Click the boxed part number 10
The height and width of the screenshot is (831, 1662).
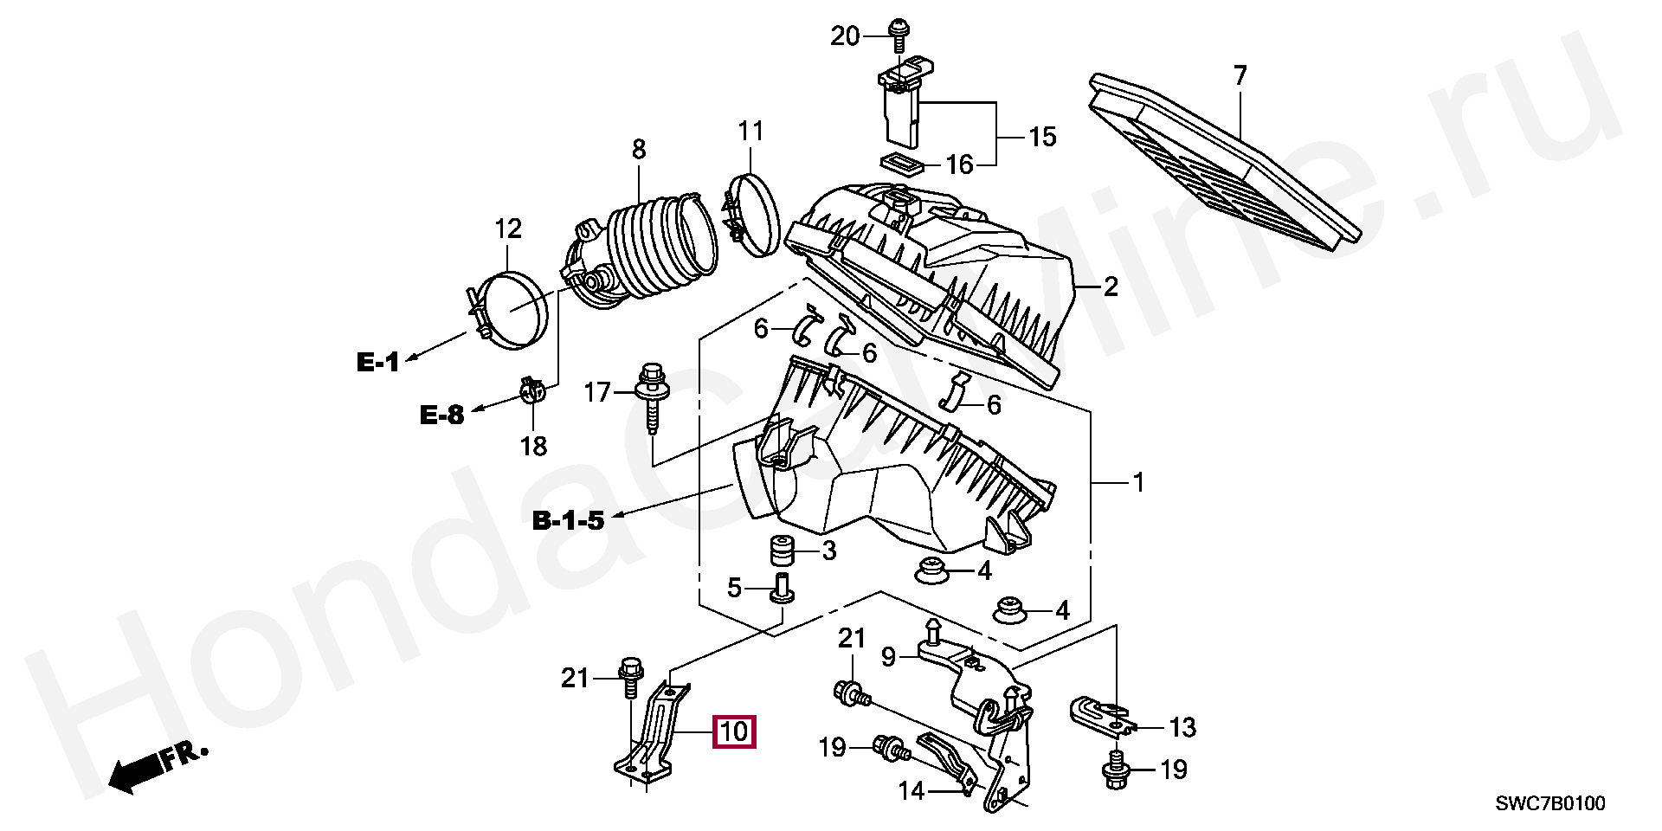click(733, 732)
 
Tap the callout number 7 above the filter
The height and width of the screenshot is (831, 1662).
click(1240, 76)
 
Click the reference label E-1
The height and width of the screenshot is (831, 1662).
click(378, 362)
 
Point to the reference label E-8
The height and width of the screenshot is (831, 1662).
click(441, 415)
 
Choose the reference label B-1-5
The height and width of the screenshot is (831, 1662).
click(568, 521)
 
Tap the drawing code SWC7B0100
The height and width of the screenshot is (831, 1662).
click(1550, 804)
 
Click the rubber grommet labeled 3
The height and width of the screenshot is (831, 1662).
click(783, 551)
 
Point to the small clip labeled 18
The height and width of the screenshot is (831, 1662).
click(533, 392)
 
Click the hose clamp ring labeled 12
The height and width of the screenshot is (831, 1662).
click(511, 310)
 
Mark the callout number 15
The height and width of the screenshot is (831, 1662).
click(1042, 137)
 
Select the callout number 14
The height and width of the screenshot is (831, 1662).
click(912, 790)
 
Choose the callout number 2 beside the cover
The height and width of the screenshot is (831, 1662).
click(1110, 287)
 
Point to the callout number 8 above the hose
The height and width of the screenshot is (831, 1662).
click(639, 149)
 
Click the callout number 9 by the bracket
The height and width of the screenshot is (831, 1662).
click(888, 657)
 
